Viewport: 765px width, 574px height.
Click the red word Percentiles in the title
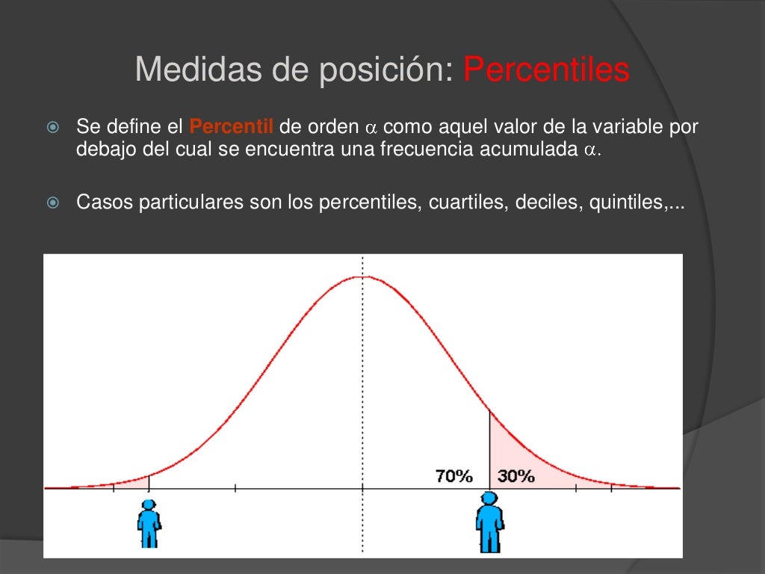point(546,71)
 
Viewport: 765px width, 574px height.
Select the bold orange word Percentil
point(232,126)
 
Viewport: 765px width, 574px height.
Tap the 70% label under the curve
point(454,476)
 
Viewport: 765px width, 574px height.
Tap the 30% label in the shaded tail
point(515,476)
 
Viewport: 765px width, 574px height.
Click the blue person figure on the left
point(149,524)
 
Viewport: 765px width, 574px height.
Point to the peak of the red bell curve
point(363,277)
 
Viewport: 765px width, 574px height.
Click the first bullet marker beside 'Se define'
point(52,128)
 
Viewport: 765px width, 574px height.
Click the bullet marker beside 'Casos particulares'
point(52,203)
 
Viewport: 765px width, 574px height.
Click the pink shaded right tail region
point(523,460)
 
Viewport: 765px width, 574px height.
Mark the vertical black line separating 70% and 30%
point(489,448)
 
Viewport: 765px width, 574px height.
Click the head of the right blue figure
point(489,499)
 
